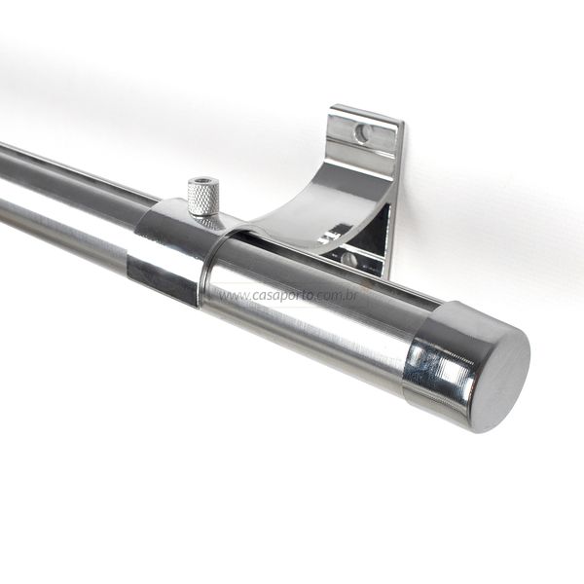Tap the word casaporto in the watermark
285,296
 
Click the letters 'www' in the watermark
233,297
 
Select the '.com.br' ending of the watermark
339,296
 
